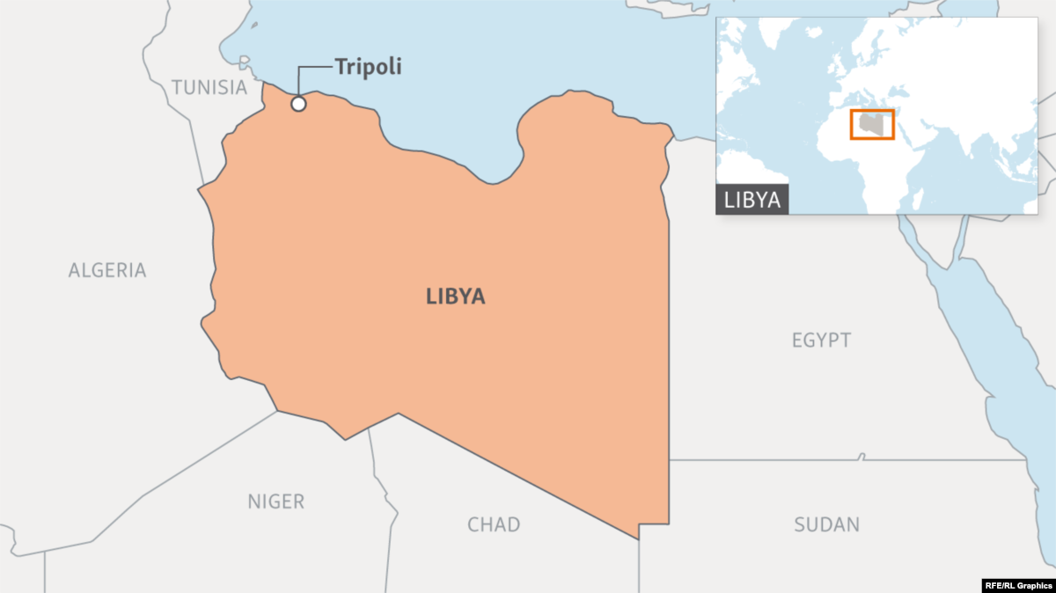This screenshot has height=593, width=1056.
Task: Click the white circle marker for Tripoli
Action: click(298, 104)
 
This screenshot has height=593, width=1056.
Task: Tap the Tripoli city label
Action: click(368, 67)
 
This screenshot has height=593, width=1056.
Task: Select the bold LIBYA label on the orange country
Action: click(456, 296)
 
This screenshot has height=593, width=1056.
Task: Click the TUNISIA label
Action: click(209, 87)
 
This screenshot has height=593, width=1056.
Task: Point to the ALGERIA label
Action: click(107, 270)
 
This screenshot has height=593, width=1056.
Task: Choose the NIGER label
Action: click(275, 502)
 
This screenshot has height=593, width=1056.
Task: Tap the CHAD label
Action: click(494, 525)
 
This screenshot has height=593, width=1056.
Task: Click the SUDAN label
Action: click(826, 525)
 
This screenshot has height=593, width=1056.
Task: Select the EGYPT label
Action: click(821, 340)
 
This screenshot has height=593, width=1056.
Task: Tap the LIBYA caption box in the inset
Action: click(752, 200)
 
